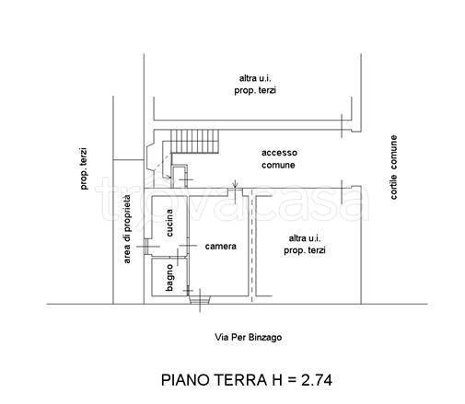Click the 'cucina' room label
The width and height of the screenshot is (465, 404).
pyautogui.click(x=169, y=223)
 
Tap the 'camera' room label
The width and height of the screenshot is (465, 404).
pyautogui.click(x=221, y=247)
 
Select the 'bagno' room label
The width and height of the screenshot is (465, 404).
pyautogui.click(x=169, y=278)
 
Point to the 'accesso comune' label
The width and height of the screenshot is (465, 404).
pyautogui.click(x=279, y=159)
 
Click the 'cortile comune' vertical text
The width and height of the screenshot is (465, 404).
pyautogui.click(x=394, y=167)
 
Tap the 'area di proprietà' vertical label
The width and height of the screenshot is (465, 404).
pyautogui.click(x=127, y=229)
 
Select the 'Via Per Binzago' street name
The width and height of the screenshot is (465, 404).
pyautogui.click(x=248, y=338)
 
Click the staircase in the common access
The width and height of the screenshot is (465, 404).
pyautogui.click(x=194, y=141)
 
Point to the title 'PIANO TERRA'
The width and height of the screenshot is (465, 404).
pyautogui.click(x=215, y=380)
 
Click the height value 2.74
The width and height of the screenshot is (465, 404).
pyautogui.click(x=317, y=380)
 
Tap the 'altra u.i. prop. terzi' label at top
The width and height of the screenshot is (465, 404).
pyautogui.click(x=255, y=85)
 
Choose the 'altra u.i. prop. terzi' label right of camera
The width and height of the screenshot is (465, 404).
pyautogui.click(x=304, y=245)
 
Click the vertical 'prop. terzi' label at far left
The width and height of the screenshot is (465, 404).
pyautogui.click(x=84, y=168)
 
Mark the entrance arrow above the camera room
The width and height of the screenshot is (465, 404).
pyautogui.click(x=235, y=185)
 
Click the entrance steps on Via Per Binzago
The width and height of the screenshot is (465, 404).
pyautogui.click(x=200, y=300)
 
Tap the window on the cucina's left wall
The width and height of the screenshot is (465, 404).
pyautogui.click(x=146, y=247)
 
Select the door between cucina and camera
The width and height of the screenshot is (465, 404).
pyautogui.click(x=188, y=246)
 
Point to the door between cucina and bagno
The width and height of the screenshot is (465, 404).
pyautogui.click(x=178, y=257)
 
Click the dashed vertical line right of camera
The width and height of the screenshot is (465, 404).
pyautogui.click(x=252, y=246)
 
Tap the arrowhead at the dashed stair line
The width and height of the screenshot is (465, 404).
pyautogui.click(x=169, y=178)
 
